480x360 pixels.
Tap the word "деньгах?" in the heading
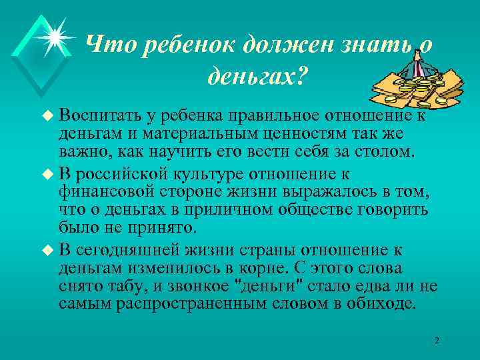[x=255, y=79]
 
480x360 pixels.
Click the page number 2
[x=437, y=341]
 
